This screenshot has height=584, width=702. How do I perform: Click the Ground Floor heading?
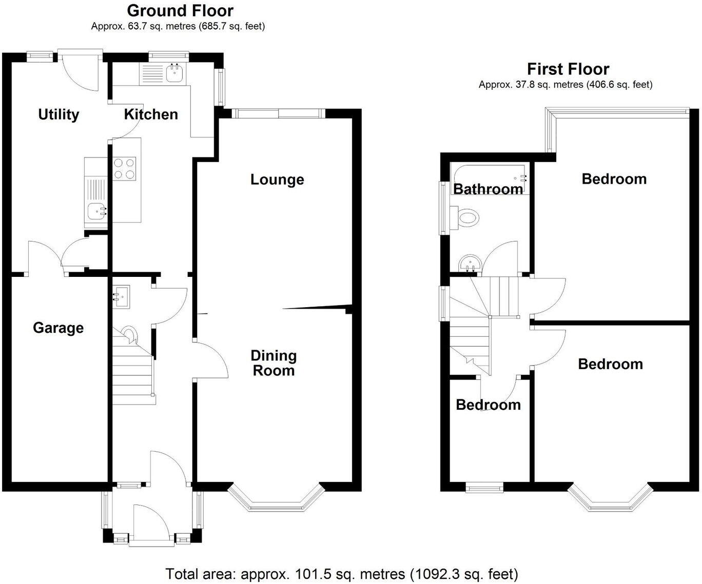click(180, 10)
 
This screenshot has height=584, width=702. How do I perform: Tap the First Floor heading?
click(568, 69)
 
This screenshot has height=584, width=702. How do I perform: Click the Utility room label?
click(59, 114)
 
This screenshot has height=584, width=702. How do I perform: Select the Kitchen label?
click(151, 114)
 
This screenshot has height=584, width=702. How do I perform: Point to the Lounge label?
click(277, 179)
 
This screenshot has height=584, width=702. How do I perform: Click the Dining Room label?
click(274, 363)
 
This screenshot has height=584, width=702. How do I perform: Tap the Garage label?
click(58, 328)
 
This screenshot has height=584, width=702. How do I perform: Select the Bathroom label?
click(488, 189)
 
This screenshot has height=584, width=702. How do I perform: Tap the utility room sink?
click(96, 210)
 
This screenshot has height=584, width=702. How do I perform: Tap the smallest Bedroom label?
click(488, 405)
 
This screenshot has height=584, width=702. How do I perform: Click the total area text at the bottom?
click(341, 573)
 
